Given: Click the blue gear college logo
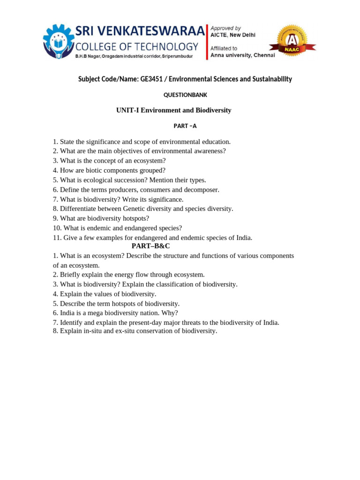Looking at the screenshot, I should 59,41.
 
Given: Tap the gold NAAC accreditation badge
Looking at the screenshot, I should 292,41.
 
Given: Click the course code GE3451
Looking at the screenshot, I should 152,79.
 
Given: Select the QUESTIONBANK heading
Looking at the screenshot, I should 185,95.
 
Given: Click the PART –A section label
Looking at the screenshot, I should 185,126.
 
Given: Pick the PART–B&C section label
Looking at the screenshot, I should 150,246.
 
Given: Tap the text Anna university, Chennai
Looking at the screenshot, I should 243,55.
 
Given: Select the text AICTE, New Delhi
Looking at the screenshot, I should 233,35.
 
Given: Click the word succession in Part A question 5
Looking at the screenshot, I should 131,180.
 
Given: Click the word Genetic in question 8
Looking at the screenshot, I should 134,209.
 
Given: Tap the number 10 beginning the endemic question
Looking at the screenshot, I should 56,228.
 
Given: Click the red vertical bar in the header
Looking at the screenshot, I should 207,42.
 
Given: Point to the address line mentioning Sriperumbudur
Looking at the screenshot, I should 134,56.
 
